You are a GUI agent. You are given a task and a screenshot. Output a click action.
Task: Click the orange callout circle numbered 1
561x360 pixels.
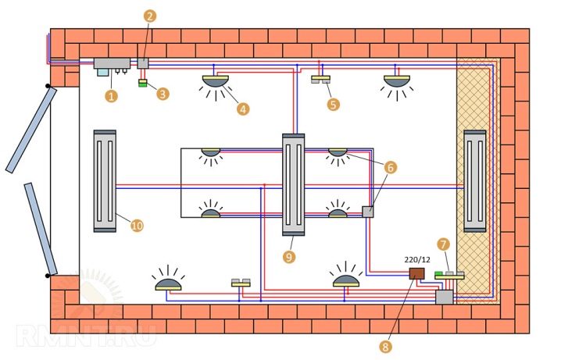coord(111,97)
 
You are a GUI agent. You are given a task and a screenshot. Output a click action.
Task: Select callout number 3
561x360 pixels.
coord(163,94)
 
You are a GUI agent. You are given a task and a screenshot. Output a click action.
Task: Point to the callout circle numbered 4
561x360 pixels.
coord(243,109)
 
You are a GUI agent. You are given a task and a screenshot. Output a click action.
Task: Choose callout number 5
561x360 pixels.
coord(334,104)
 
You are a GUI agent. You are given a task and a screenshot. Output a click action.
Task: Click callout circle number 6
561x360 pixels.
coord(391,167)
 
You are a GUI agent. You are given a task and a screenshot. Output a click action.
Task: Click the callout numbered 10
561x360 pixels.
coord(137,226)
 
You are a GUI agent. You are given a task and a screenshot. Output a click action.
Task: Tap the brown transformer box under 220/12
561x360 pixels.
coord(417,273)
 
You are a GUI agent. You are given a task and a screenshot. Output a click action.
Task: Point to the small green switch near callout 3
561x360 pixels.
coord(143,84)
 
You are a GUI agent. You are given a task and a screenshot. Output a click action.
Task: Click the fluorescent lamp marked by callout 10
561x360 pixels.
coord(105,180)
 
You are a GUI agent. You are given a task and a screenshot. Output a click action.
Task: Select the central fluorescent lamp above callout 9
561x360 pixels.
coord(293,184)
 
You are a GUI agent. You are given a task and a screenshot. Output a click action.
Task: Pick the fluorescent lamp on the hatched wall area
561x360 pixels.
coord(474,180)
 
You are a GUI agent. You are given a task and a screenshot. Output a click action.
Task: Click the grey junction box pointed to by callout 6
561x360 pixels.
coord(367,211)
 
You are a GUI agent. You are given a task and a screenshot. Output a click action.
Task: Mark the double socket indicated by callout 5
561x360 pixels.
coord(322,80)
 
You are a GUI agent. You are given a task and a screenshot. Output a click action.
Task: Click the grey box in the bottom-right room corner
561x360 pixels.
coord(444,297)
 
